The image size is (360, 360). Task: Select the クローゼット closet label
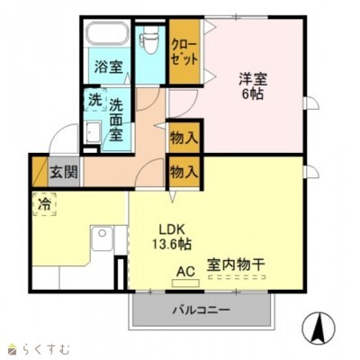(x=184, y=52)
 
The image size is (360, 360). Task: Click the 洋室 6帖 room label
(x=253, y=86)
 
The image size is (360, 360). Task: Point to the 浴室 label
(x=109, y=67)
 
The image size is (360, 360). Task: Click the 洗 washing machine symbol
(x=95, y=100)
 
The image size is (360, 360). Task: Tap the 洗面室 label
(x=116, y=120)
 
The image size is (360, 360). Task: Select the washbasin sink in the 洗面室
(x=93, y=132)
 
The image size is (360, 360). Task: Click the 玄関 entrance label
(x=64, y=172)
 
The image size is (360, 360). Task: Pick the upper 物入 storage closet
(x=184, y=139)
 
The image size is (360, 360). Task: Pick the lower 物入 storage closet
(x=184, y=172)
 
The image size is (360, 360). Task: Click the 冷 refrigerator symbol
(x=44, y=204)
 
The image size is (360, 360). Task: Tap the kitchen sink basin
(x=102, y=238)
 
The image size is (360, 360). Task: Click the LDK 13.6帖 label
(x=172, y=237)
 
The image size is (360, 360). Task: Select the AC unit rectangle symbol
(x=185, y=283)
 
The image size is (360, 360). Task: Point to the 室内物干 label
(x=236, y=265)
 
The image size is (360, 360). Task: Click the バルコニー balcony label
(x=201, y=310)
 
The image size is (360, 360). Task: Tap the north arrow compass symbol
(x=319, y=328)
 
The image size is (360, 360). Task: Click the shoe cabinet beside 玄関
(x=40, y=172)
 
